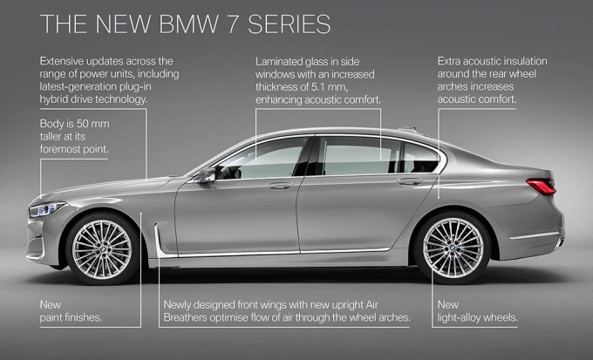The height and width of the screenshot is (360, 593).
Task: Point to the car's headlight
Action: tap(47, 209)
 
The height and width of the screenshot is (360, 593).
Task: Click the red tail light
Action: tap(541, 186)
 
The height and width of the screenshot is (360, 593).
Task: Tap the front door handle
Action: tap(280, 186)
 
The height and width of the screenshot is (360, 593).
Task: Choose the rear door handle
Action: tap(409, 182)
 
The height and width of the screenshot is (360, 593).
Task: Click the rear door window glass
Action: tap(358, 157)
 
